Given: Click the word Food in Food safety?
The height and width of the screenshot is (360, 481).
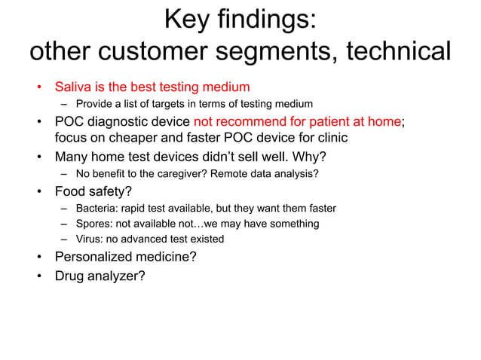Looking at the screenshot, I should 70,191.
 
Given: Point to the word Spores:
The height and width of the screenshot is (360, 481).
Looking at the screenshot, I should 94,224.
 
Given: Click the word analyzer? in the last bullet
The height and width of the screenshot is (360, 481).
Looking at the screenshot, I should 116,276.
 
